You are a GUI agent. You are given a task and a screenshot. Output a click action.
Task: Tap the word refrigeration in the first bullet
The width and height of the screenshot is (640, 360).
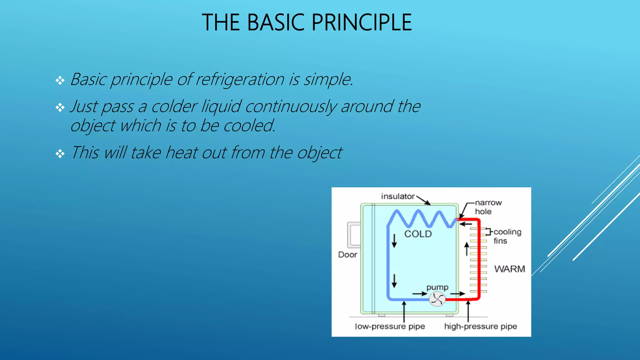240,79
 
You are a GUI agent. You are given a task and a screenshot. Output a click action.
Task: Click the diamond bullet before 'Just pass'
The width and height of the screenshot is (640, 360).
60,108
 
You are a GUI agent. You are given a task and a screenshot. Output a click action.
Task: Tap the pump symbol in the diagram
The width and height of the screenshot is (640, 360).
437,299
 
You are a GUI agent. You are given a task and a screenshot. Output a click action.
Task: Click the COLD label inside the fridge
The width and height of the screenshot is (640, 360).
418,234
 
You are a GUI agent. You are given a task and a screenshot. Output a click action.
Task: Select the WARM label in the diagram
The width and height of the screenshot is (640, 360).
509,269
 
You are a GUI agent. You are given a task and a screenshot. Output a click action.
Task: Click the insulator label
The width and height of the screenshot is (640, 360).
397,196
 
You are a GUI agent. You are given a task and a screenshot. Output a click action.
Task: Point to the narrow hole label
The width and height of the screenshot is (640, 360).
488,207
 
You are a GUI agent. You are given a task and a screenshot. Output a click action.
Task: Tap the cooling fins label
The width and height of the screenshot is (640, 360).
507,236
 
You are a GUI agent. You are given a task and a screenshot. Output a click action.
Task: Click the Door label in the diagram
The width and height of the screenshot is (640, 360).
347,255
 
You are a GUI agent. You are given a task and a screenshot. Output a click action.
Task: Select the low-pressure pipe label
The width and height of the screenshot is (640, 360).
390,326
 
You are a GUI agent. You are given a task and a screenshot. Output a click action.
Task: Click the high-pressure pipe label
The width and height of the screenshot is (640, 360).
480,326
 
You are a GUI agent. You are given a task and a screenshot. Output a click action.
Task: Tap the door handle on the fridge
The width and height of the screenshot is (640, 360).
354,234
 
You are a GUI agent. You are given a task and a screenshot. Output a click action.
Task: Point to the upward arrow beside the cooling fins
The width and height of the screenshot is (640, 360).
467,249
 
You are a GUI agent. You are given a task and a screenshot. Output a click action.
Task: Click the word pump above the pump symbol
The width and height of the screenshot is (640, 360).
437,287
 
